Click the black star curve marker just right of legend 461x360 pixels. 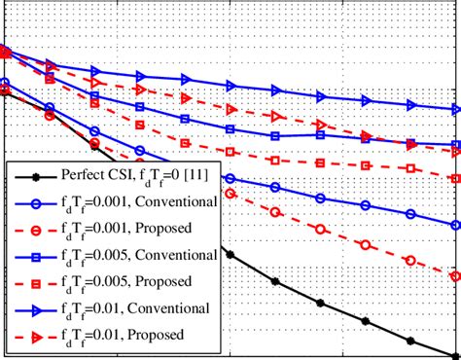[x=230, y=254]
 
